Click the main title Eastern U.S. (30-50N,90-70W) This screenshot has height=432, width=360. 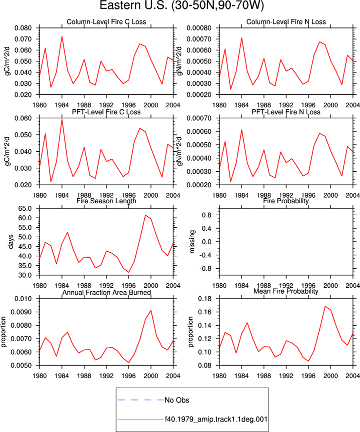point(181,5)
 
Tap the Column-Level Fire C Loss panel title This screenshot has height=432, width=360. point(106,22)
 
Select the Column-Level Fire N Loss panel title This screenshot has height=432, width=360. point(286,22)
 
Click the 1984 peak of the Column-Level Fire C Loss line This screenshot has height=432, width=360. point(62,36)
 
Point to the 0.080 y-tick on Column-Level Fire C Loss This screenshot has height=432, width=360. point(23,28)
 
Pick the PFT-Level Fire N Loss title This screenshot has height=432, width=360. point(286,112)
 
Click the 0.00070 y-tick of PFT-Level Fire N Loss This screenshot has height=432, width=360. point(199,118)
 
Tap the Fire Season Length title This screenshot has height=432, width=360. point(106,201)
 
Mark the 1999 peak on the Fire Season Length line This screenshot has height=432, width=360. point(145,215)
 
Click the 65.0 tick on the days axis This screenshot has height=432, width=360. point(25,209)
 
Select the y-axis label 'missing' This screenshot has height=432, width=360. point(192,242)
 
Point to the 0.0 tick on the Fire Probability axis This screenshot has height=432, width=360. point(206,242)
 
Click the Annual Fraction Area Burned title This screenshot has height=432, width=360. point(106,292)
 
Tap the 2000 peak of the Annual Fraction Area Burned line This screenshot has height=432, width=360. point(151,311)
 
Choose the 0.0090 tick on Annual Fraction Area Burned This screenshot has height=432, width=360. point(21,312)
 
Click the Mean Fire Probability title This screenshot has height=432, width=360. point(286,291)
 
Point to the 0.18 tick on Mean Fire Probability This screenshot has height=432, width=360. point(204,299)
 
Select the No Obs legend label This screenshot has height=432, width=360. point(177,400)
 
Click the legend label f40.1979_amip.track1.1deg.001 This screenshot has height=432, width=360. point(216,420)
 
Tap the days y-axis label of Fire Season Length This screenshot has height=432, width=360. point(11,242)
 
